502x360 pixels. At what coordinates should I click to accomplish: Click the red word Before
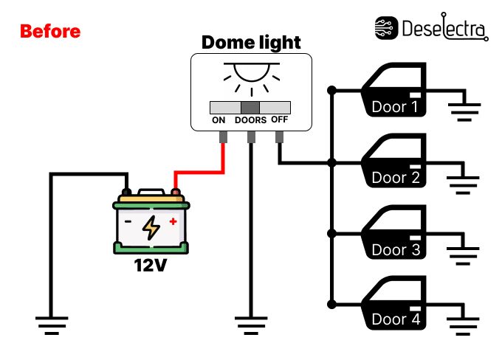[x=49, y=32]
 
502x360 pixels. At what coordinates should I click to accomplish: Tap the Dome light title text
[x=251, y=42]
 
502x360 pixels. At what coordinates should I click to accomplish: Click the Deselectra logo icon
[x=387, y=28]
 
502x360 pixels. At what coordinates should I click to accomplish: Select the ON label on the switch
[x=219, y=120]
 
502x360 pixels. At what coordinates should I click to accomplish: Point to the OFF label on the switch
[x=279, y=120]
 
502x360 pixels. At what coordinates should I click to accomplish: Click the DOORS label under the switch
[x=250, y=120]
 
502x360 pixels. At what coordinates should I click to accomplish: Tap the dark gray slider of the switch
[x=250, y=106]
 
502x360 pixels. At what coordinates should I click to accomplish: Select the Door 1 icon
[x=394, y=89]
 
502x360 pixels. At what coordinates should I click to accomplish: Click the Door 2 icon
[x=394, y=161]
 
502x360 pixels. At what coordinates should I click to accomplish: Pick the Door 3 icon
[x=394, y=232]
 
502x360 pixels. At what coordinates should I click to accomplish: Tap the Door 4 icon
[x=394, y=303]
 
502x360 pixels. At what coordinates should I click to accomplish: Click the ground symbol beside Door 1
[x=464, y=111]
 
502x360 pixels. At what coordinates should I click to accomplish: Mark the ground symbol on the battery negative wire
[x=51, y=325]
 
